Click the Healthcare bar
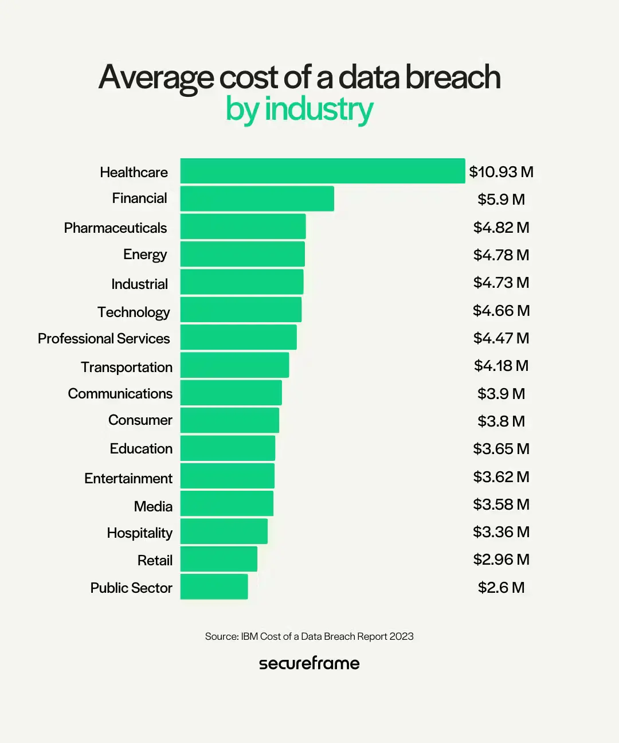point(322,171)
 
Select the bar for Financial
point(257,198)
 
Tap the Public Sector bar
point(214,586)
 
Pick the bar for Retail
point(218,559)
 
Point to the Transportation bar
point(234,365)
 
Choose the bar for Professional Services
point(238,337)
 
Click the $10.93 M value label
point(501,172)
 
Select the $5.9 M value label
point(501,200)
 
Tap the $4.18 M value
point(501,366)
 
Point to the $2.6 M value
point(501,587)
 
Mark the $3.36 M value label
point(501,532)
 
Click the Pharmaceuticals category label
point(115,228)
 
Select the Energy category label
point(145,255)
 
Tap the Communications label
point(120,394)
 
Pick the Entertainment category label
point(128,478)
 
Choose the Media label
point(153,506)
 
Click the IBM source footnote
point(309,636)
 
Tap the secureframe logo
point(309,663)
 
